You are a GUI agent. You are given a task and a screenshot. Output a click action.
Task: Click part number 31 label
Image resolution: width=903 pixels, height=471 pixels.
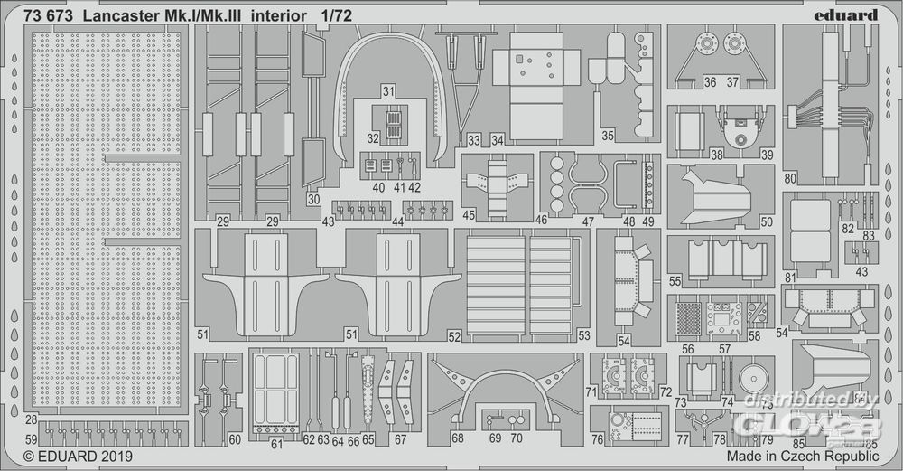click(x=388, y=92)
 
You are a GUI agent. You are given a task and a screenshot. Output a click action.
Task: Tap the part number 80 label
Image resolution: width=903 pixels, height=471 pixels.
click(x=790, y=178)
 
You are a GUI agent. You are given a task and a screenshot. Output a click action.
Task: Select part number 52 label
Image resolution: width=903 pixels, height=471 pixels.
click(x=454, y=336)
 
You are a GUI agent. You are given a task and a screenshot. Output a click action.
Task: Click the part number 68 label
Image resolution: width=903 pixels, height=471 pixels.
click(x=458, y=438)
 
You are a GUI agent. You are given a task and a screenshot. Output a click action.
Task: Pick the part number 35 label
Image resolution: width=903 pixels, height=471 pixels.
click(x=608, y=136)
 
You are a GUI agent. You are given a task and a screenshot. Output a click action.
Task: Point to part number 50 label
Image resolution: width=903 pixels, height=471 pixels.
click(x=767, y=221)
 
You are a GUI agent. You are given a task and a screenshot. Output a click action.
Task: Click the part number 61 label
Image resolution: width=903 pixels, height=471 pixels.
click(x=277, y=443)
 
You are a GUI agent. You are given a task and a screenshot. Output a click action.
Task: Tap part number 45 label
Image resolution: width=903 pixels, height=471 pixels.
click(x=469, y=215)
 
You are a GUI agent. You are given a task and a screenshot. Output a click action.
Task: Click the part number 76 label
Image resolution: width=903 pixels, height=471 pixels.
click(x=598, y=439)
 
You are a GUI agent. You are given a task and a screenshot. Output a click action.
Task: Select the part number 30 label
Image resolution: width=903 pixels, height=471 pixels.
click(x=313, y=199)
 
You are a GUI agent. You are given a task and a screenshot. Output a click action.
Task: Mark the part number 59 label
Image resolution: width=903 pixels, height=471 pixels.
click(x=32, y=439)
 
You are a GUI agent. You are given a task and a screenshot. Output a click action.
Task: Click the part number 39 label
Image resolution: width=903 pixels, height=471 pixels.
click(x=767, y=155)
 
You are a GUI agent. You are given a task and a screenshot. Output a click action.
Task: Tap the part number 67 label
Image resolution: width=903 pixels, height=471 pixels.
click(x=400, y=439)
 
